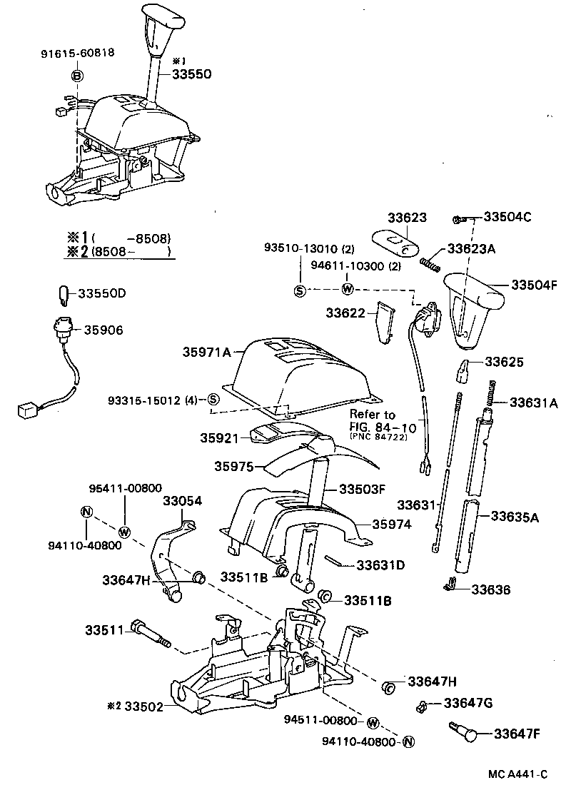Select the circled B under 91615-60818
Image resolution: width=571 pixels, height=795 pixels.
coord(77,76)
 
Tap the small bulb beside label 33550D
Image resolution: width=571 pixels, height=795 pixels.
coord(64,294)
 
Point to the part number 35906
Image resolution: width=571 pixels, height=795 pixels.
coord(103,330)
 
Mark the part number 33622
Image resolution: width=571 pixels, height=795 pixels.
coord(346,313)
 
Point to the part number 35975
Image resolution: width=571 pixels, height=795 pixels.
coord(235,465)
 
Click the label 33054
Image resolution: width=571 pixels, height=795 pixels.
coord(183,501)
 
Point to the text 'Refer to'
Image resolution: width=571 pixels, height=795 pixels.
coord(372,414)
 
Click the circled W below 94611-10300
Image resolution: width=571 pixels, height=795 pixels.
coord(348,289)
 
